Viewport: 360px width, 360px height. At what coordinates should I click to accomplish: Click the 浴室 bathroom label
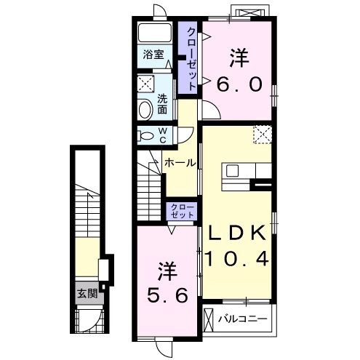tap(153, 55)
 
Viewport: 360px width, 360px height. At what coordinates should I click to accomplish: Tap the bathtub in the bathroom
tap(155, 33)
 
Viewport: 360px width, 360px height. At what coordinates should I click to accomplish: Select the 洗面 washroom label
tap(162, 104)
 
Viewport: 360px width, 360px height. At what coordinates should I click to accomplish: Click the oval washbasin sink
tap(145, 110)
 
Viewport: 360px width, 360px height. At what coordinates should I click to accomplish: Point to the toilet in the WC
tap(145, 136)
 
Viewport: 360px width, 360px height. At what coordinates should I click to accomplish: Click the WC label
tap(163, 136)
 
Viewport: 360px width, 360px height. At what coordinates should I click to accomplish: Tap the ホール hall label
tap(180, 163)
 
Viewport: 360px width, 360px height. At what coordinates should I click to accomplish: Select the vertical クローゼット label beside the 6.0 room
tap(192, 59)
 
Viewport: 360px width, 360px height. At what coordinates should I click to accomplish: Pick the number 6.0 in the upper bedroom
tap(239, 84)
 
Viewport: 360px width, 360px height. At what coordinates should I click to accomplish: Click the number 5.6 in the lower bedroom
tap(167, 295)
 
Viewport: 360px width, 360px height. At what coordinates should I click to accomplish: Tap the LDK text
tap(237, 233)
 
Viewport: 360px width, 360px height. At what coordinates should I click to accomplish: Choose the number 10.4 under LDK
tap(237, 258)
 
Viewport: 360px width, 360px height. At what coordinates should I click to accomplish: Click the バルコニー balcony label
tap(242, 319)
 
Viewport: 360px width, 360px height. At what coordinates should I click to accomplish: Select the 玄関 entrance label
tap(87, 294)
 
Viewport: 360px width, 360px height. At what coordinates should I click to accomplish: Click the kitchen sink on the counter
tap(233, 171)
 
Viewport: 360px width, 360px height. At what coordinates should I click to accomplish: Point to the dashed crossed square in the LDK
tap(263, 135)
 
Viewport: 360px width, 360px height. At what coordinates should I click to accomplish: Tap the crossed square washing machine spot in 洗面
tap(145, 84)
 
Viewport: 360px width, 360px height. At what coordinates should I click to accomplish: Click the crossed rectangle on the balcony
tap(208, 319)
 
